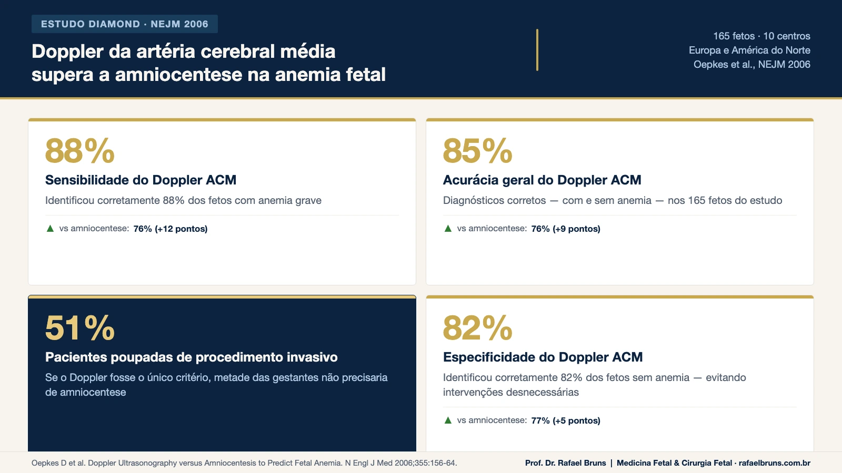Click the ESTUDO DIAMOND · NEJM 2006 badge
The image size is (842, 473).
pyautogui.click(x=125, y=24)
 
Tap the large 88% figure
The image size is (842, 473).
pyautogui.click(x=80, y=151)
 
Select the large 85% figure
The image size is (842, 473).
pyautogui.click(x=477, y=151)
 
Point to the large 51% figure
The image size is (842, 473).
pyautogui.click(x=80, y=328)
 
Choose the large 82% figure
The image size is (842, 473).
pyautogui.click(x=477, y=328)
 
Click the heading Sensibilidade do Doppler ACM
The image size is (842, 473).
pyautogui.click(x=141, y=180)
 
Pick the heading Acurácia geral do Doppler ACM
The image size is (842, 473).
pyautogui.click(x=542, y=180)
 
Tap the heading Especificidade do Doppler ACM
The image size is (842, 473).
pyautogui.click(x=543, y=357)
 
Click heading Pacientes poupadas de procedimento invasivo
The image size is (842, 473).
pyautogui.click(x=192, y=357)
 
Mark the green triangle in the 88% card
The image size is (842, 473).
pyautogui.click(x=51, y=229)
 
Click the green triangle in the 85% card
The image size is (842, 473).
pyautogui.click(x=448, y=229)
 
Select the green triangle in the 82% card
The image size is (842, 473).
pyautogui.click(x=448, y=420)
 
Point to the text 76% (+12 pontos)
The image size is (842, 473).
pyautogui.click(x=171, y=229)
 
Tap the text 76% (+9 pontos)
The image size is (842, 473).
pyautogui.click(x=566, y=229)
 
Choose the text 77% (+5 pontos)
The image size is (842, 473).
pyautogui.click(x=566, y=421)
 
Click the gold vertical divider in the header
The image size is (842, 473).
pyautogui.click(x=537, y=50)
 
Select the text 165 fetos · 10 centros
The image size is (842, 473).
pyautogui.click(x=761, y=36)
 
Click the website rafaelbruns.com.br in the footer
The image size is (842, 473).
pyautogui.click(x=774, y=463)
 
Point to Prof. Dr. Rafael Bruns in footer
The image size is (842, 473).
pyautogui.click(x=565, y=463)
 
